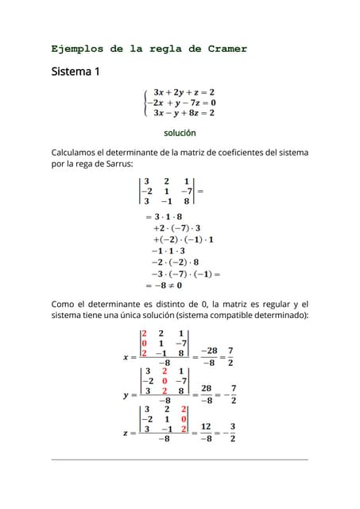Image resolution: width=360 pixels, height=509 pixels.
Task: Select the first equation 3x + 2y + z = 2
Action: click(184, 92)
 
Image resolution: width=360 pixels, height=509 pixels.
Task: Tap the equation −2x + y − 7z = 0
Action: click(180, 103)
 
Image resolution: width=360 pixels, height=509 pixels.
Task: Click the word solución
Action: click(180, 133)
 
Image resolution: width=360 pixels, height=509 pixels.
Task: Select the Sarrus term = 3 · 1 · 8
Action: click(164, 216)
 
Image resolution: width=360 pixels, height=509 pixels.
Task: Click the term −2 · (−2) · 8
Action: click(175, 261)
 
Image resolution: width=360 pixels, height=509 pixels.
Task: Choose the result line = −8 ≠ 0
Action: click(164, 284)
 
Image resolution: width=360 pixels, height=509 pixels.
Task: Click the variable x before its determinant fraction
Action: click(126, 357)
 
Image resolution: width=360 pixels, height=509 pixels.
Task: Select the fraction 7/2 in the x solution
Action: click(230, 356)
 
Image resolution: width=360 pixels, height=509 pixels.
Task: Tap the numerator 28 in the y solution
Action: click(205, 389)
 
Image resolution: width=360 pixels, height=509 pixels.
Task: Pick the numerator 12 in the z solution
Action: click(205, 426)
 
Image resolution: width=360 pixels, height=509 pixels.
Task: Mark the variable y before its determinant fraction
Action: click(126, 394)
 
